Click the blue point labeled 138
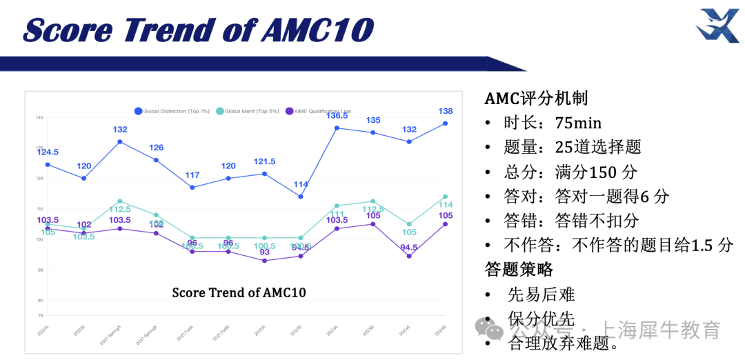(445, 123)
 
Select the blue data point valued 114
(301, 197)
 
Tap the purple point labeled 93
(264, 261)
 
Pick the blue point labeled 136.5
(337, 128)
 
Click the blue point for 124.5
(48, 164)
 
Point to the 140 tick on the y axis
(39, 118)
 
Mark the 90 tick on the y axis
(39, 270)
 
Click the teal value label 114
(446, 205)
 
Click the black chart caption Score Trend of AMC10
(239, 292)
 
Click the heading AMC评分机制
(536, 99)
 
